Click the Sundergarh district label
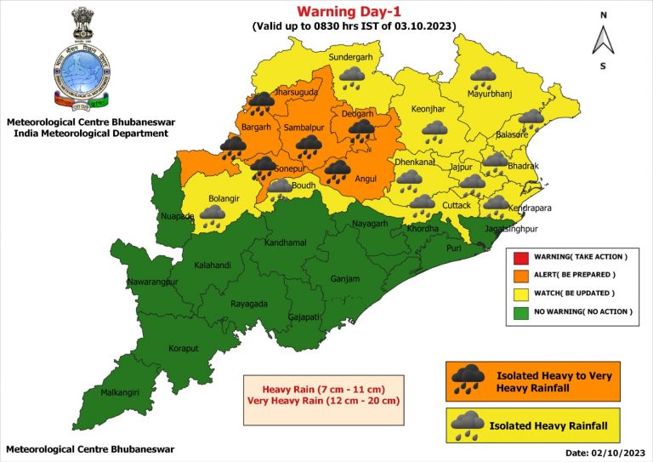[x=351, y=57]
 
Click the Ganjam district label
[x=345, y=279]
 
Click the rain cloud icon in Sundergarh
[x=352, y=79]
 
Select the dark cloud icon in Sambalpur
[x=309, y=146]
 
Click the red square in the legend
[x=518, y=256]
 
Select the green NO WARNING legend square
[x=518, y=311]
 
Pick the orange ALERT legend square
[x=518, y=275]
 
